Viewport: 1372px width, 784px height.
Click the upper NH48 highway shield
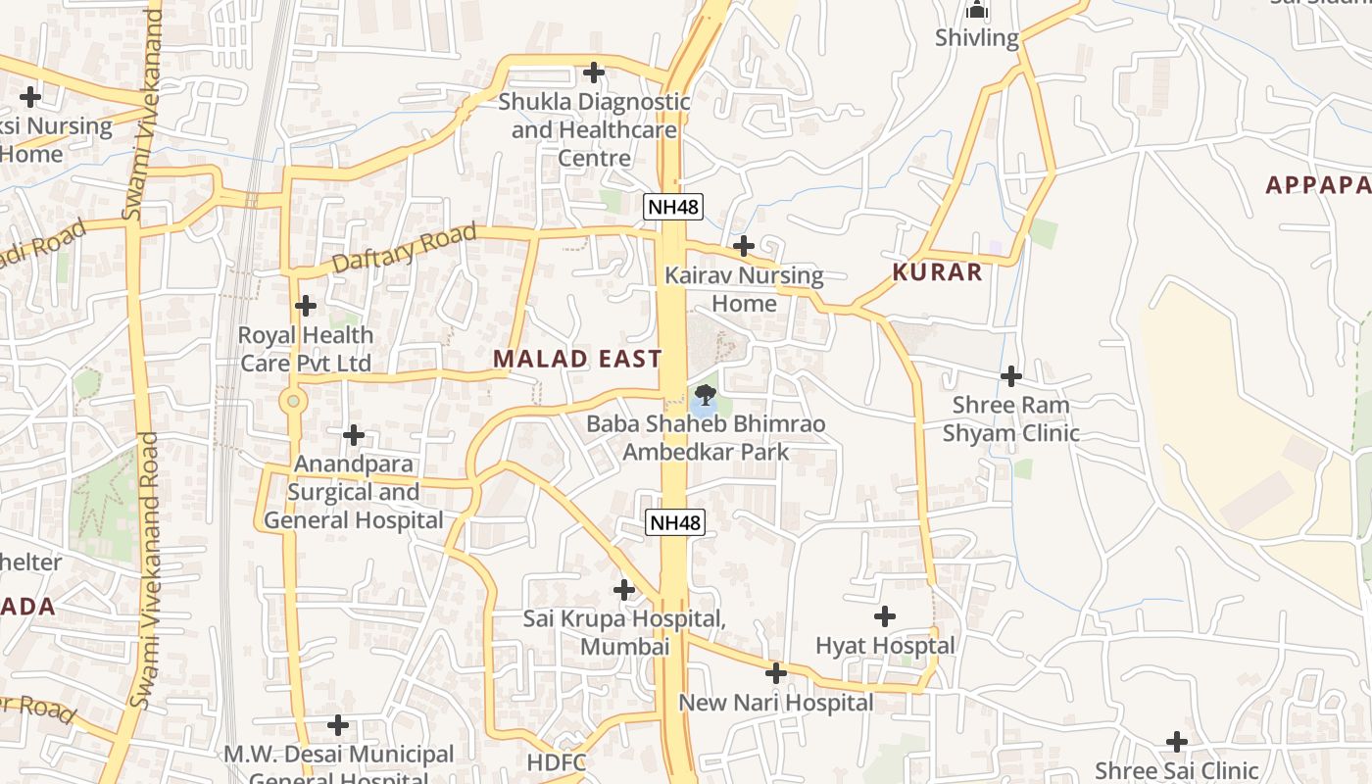coord(673,207)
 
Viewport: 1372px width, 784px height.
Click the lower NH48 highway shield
coord(675,522)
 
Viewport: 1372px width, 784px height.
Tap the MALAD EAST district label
coord(577,359)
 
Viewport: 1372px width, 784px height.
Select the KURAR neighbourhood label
coord(937,272)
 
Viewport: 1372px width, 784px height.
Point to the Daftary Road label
coord(404,248)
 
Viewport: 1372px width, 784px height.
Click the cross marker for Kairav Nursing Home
coord(744,245)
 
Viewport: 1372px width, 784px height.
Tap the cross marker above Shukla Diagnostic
coord(593,73)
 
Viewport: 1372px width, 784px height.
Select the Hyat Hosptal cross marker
coord(885,616)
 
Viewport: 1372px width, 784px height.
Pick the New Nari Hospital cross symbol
coord(776,673)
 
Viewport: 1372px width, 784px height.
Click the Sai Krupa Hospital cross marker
coord(624,590)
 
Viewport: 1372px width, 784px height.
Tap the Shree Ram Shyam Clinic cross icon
coord(1011,375)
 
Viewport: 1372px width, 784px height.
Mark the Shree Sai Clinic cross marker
coord(1177,742)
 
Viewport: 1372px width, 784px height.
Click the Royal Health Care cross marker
coord(306,306)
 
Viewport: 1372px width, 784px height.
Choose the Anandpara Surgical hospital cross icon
coord(354,435)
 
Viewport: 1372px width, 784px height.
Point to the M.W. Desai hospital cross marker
coord(338,726)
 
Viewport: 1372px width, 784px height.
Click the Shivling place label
coord(977,38)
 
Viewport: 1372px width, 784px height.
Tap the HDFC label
coord(557,763)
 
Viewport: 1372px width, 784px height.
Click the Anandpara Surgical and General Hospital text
coord(354,492)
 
